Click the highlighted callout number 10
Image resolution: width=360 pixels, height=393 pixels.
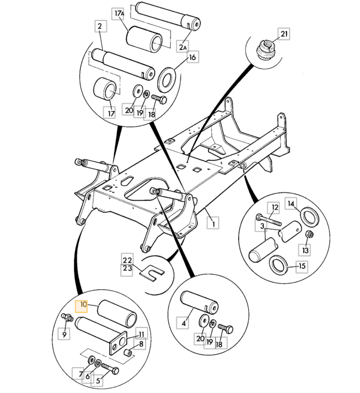[x=83, y=305]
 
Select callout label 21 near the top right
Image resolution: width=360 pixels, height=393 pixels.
[x=284, y=34]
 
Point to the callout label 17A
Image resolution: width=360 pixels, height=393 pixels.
[x=118, y=12]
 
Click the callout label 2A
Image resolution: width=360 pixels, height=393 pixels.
[x=183, y=47]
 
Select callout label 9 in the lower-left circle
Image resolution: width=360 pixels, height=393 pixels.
[x=64, y=334]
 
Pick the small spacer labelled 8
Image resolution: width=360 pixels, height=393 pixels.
[x=129, y=353]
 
